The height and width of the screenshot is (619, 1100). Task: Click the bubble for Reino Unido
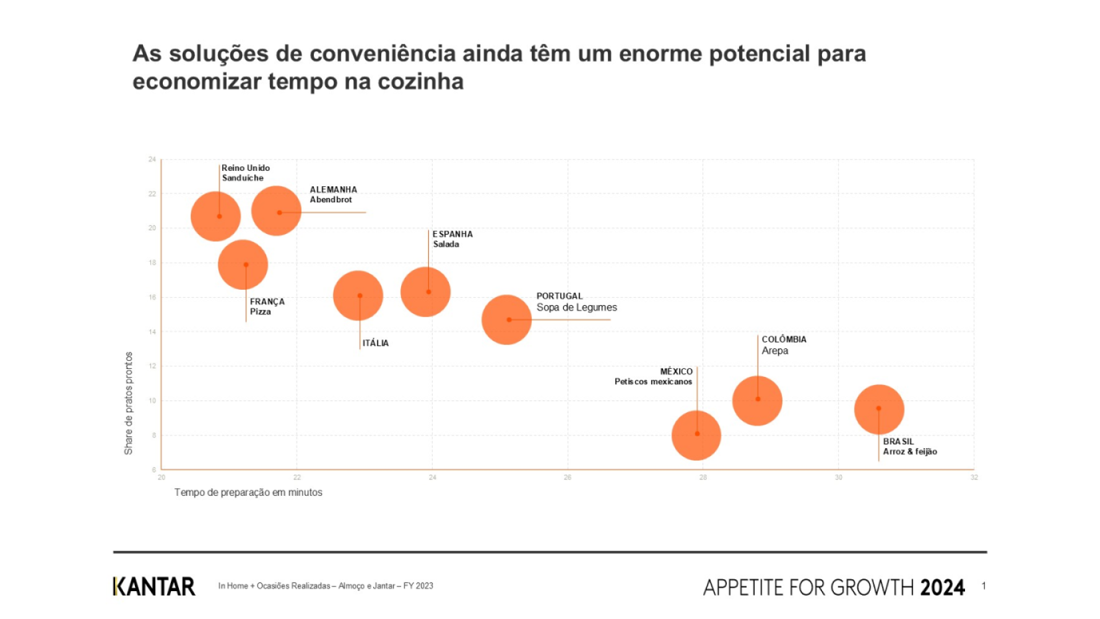pyautogui.click(x=215, y=216)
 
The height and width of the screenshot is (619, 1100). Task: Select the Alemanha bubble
pyautogui.click(x=276, y=211)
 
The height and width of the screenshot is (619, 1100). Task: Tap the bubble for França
pyautogui.click(x=243, y=265)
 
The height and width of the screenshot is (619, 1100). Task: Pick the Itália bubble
pyautogui.click(x=358, y=296)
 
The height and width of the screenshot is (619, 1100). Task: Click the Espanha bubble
pyautogui.click(x=425, y=292)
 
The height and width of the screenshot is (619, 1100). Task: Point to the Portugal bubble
pyautogui.click(x=506, y=320)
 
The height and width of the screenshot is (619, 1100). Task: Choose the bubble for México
pyautogui.click(x=696, y=435)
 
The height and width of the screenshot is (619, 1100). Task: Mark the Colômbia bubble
pyautogui.click(x=757, y=400)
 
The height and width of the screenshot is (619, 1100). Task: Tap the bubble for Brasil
pyautogui.click(x=879, y=409)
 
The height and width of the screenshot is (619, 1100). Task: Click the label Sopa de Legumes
pyautogui.click(x=576, y=308)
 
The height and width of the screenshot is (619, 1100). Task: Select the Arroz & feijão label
pyautogui.click(x=909, y=452)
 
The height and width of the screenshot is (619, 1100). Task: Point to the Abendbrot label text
pyautogui.click(x=331, y=200)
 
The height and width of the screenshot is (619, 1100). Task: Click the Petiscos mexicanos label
pyautogui.click(x=653, y=382)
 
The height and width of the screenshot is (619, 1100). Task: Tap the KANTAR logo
pyautogui.click(x=154, y=586)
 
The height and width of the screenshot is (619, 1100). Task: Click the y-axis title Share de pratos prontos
pyautogui.click(x=129, y=403)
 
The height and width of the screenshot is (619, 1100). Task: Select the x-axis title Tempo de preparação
pyautogui.click(x=248, y=493)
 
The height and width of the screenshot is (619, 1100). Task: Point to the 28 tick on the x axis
pyautogui.click(x=703, y=477)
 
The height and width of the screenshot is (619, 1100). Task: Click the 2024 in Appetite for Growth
pyautogui.click(x=942, y=587)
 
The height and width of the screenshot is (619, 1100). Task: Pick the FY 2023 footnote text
pyautogui.click(x=418, y=586)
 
